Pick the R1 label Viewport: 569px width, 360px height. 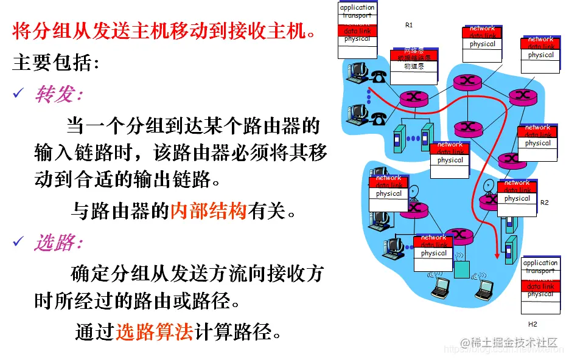[x=409, y=26]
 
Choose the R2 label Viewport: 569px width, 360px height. [x=544, y=202]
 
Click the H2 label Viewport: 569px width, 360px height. [x=532, y=324]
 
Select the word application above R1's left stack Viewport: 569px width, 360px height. [x=357, y=8]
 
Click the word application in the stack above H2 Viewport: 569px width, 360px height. [x=540, y=263]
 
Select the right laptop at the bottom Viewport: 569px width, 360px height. [x=485, y=289]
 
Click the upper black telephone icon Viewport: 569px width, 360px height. [x=380, y=77]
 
